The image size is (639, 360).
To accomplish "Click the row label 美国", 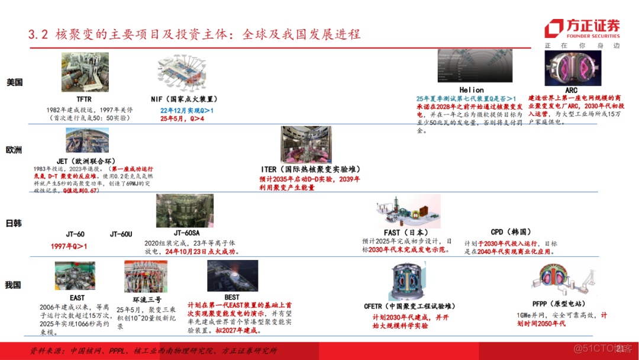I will [x=14, y=82].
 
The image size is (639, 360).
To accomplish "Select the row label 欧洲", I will [x=14, y=150].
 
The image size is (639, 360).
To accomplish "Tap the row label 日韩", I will [x=14, y=223].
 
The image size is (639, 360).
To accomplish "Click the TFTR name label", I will [x=84, y=99].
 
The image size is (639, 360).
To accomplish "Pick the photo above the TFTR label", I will [x=85, y=72].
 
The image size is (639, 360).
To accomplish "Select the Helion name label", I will [x=472, y=90].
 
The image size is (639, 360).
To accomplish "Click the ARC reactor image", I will [x=571, y=69].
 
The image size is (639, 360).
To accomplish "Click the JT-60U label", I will [x=122, y=234].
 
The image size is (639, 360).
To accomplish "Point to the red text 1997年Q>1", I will [x=69, y=246].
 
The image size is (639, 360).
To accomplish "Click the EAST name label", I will [x=77, y=297].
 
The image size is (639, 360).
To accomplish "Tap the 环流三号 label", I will [x=139, y=299].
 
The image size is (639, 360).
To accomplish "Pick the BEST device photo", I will [x=233, y=275].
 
